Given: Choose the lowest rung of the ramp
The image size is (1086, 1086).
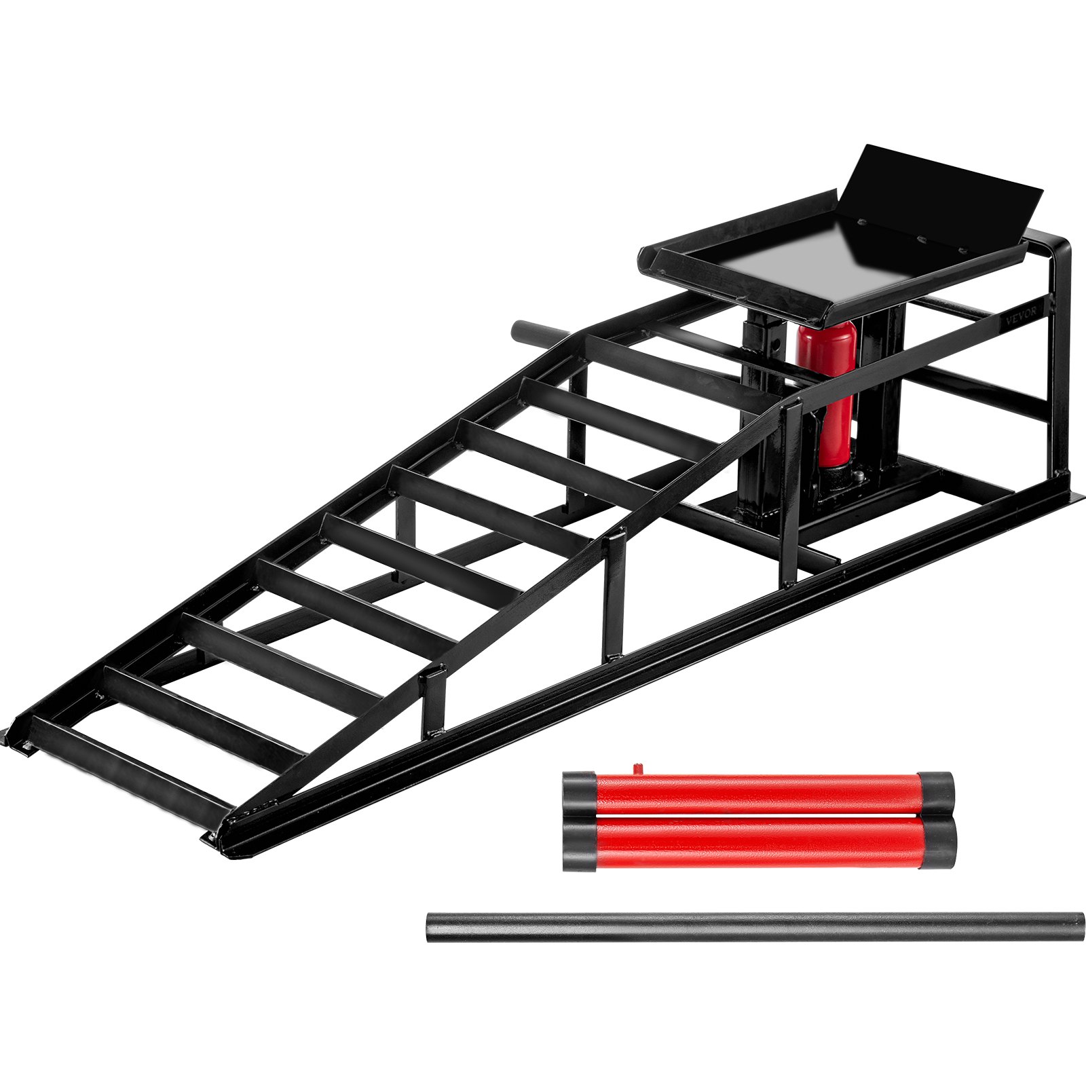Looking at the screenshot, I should [132, 767].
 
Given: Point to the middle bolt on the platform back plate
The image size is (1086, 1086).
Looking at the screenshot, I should [922, 238].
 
